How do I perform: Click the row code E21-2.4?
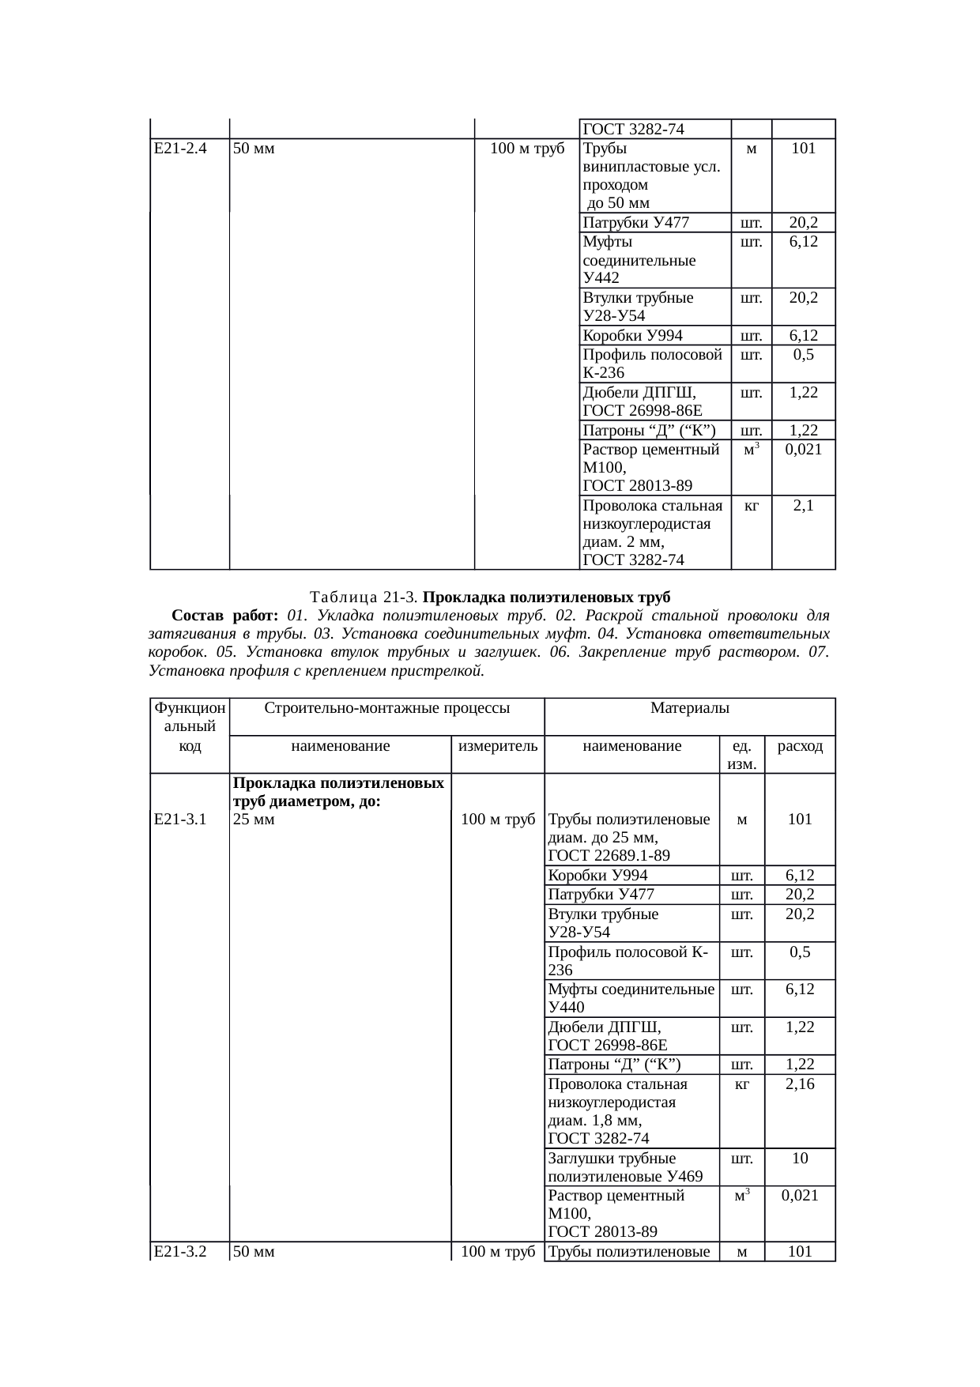click(x=180, y=148)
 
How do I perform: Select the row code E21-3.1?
click(x=180, y=820)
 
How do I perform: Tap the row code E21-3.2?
click(x=180, y=1251)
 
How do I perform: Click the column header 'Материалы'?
click(x=689, y=709)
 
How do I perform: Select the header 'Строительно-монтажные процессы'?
click(x=386, y=709)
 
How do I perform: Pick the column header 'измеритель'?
click(x=498, y=745)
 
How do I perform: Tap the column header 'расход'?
click(x=800, y=745)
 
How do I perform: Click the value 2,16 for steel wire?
click(x=800, y=1084)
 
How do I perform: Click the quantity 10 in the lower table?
click(x=800, y=1158)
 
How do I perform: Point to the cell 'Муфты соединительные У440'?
click(x=631, y=997)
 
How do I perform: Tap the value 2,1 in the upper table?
click(x=803, y=506)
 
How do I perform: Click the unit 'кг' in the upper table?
click(x=751, y=506)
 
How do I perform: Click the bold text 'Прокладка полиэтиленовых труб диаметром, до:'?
click(x=338, y=792)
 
